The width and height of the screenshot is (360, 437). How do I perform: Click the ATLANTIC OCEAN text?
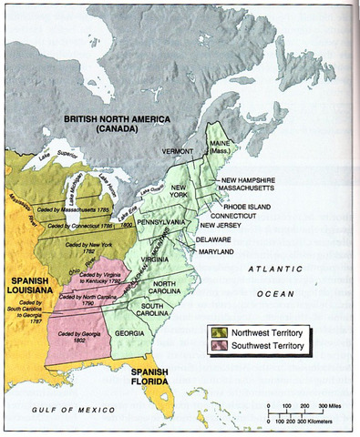tap(281, 282)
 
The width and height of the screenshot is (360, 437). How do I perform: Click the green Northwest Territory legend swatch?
tap(220, 333)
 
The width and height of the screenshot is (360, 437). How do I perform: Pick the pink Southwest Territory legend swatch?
tap(220, 346)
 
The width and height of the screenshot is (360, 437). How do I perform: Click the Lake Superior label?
tap(57, 166)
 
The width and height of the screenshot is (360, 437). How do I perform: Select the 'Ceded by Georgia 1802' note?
tap(78, 336)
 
